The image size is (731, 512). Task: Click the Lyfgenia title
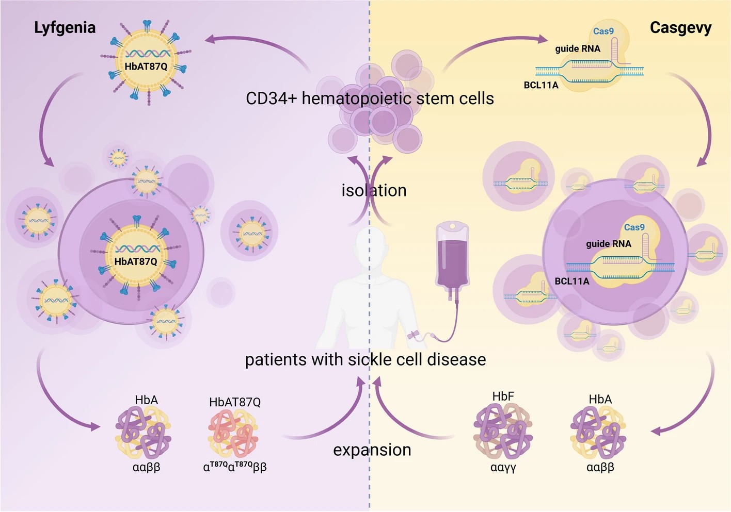[65, 28]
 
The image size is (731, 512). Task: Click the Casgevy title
[680, 28]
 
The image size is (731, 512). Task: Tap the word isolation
[374, 191]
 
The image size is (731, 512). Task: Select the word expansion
[372, 450]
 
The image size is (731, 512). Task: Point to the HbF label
[503, 397]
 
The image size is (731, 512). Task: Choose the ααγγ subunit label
[503, 468]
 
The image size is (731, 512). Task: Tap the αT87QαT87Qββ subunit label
[235, 467]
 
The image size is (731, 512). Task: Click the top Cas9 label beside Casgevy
[603, 31]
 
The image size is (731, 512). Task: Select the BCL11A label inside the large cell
[571, 282]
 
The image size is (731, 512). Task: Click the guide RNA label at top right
[578, 49]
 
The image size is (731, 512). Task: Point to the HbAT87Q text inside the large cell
[136, 262]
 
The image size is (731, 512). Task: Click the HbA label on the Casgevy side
[600, 400]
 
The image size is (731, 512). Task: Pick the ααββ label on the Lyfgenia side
[146, 468]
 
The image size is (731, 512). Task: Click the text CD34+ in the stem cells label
[271, 98]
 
